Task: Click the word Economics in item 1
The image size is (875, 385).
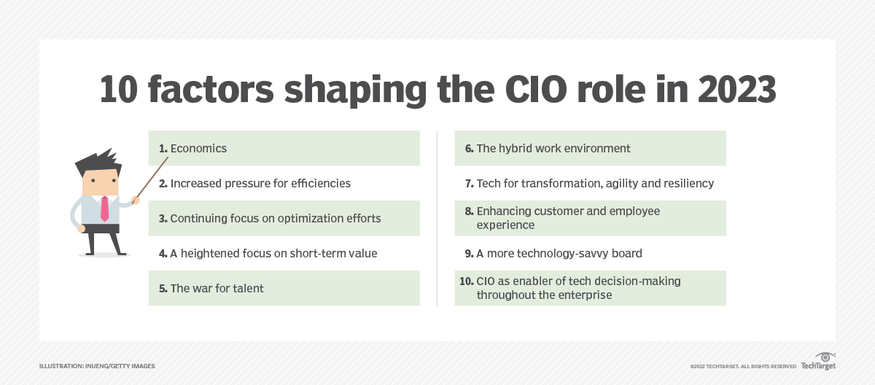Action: coord(198,148)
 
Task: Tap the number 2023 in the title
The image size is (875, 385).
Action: coord(736,90)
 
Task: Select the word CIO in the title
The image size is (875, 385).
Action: coord(535,90)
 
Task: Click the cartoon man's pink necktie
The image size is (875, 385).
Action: coord(105,209)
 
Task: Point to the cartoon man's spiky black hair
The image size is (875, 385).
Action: coord(98,162)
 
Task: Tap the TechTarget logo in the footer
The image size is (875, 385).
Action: coord(818,361)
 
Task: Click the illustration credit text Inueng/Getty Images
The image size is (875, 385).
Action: coord(120,366)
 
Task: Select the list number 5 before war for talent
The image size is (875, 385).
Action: coord(163,289)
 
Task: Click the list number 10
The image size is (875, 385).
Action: coord(467,281)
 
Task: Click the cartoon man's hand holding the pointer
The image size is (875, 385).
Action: coord(135,201)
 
